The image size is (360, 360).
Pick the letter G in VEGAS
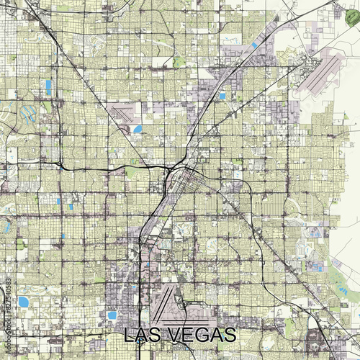pos(203,336)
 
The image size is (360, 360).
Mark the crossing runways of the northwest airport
pos(125,112)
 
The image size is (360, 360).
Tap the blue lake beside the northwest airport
pos(138,130)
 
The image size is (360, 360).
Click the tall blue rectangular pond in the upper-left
pos(48,87)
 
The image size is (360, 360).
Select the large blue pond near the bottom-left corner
pos(24,301)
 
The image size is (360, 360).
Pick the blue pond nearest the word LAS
pos(112,315)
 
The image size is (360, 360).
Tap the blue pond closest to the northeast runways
pos(254,45)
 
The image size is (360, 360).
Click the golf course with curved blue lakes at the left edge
pos(27,115)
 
